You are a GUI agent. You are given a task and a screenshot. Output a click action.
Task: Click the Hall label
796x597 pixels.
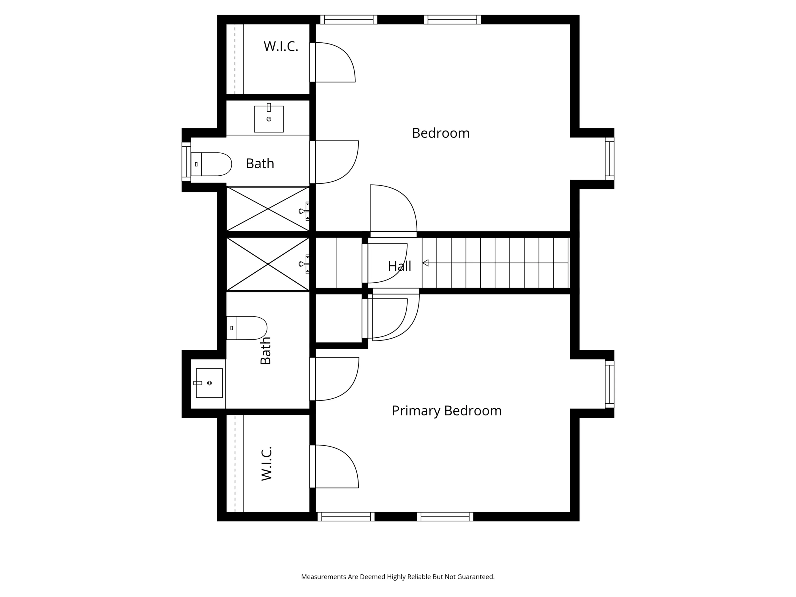click(400, 266)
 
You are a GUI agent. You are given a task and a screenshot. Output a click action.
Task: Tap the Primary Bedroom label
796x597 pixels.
click(447, 411)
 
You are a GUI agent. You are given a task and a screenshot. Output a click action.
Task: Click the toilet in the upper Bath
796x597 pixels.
click(211, 164)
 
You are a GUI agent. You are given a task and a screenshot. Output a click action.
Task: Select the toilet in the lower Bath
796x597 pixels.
click(247, 328)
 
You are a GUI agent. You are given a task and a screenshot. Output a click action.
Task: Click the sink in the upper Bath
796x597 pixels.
click(269, 118)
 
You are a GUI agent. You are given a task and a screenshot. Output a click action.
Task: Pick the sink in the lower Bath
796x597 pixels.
click(208, 383)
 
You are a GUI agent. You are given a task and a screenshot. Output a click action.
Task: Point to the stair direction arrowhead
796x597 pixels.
click(425, 263)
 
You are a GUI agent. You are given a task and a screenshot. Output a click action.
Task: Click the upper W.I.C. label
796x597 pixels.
click(281, 46)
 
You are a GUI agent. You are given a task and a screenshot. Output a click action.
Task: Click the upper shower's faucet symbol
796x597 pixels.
click(304, 211)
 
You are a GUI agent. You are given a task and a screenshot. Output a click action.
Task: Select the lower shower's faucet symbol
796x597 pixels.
click(304, 264)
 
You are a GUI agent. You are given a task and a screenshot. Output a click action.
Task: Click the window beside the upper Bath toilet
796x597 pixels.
click(186, 162)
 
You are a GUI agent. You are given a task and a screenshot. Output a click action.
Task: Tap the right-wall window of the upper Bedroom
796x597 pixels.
click(610, 159)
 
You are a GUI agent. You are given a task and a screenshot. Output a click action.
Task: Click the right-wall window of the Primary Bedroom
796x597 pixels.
click(610, 384)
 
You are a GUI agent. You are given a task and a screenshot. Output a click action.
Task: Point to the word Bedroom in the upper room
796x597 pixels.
click(441, 133)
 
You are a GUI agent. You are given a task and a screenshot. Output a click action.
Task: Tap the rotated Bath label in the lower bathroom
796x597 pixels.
click(266, 351)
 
